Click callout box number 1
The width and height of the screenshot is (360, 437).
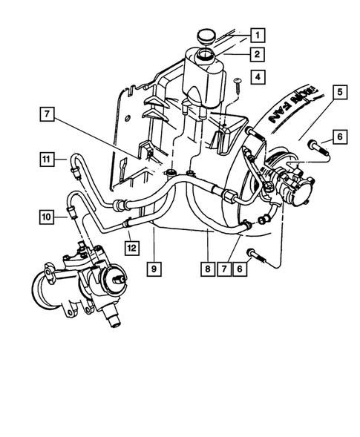click(257, 34)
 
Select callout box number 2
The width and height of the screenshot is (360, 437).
click(257, 54)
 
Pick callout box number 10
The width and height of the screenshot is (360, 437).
click(47, 217)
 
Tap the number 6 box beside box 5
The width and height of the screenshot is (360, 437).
click(338, 137)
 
